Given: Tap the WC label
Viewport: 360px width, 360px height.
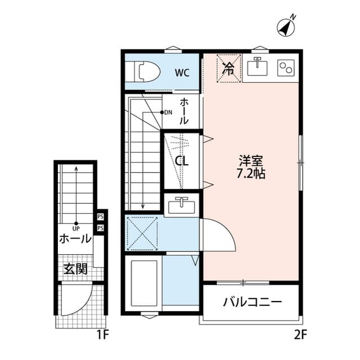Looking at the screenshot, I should click(181, 72).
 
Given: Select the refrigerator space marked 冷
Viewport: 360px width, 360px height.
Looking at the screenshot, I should click(228, 69).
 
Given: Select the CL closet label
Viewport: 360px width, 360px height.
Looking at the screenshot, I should click(182, 161).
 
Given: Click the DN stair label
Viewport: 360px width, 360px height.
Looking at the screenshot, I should click(168, 112).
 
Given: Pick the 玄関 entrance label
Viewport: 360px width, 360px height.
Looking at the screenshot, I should click(75, 269).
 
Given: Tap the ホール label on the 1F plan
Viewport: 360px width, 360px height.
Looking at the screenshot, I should click(75, 238).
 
